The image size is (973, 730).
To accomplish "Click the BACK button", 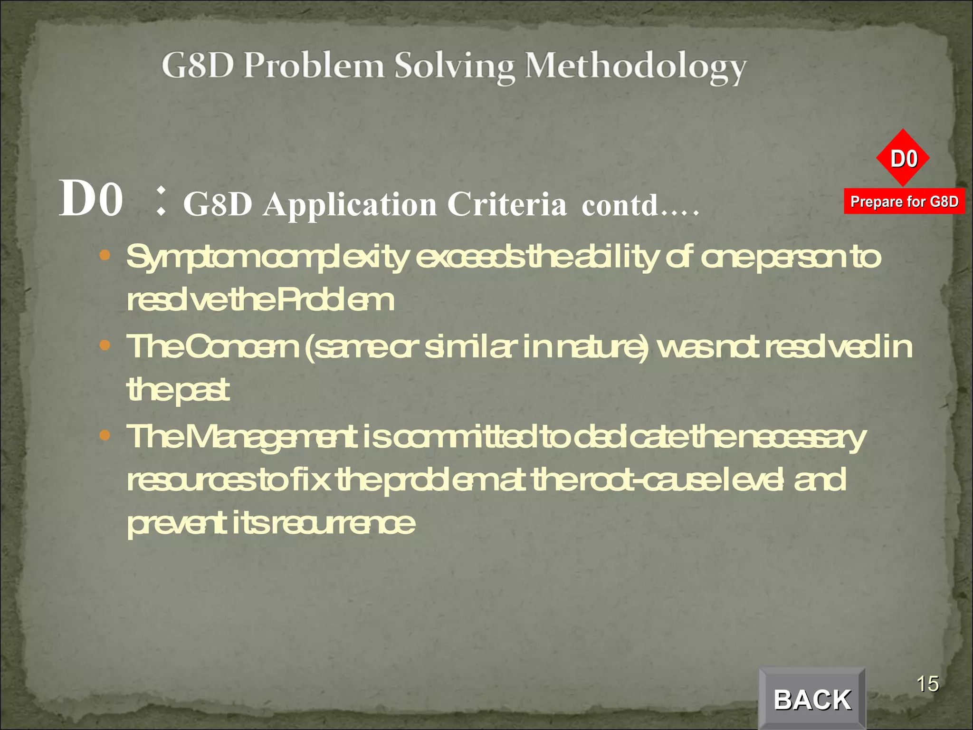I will [x=812, y=699].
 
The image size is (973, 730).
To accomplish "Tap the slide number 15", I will [x=927, y=684].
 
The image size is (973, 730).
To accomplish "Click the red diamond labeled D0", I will [x=903, y=158].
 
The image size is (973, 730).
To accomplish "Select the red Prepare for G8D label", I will [x=904, y=202].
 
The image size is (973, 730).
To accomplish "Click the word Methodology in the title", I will [x=636, y=67].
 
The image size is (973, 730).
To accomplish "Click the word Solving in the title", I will [x=455, y=67].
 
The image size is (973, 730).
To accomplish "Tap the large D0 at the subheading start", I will [x=91, y=199].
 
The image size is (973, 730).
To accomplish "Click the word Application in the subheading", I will [x=350, y=206].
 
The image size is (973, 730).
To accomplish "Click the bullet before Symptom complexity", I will [x=105, y=255].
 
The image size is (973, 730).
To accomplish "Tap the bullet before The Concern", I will [x=105, y=345].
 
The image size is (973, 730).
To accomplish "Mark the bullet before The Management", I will [x=105, y=434].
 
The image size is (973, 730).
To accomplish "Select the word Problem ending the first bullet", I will [x=335, y=300].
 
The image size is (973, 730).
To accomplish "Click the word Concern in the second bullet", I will [x=241, y=346].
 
